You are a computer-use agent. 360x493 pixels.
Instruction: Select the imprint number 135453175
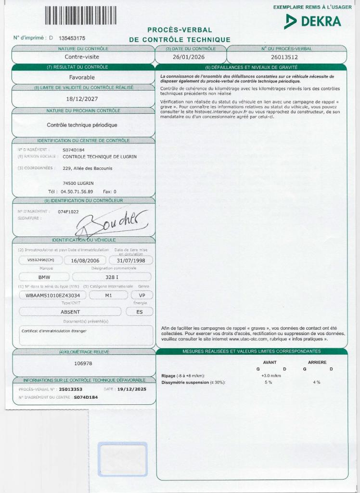pyautogui.click(x=72, y=38)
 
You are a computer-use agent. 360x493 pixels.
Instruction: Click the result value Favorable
pyautogui.click(x=82, y=77)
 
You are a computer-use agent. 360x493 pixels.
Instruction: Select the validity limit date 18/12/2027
pyautogui.click(x=82, y=99)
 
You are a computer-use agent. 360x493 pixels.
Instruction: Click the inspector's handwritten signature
pyautogui.click(x=111, y=222)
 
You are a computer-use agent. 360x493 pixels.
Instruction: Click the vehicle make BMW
pyautogui.click(x=44, y=277)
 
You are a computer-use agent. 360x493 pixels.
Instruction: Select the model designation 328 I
pyautogui.click(x=112, y=277)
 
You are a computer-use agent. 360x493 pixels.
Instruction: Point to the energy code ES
pyautogui.click(x=140, y=311)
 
